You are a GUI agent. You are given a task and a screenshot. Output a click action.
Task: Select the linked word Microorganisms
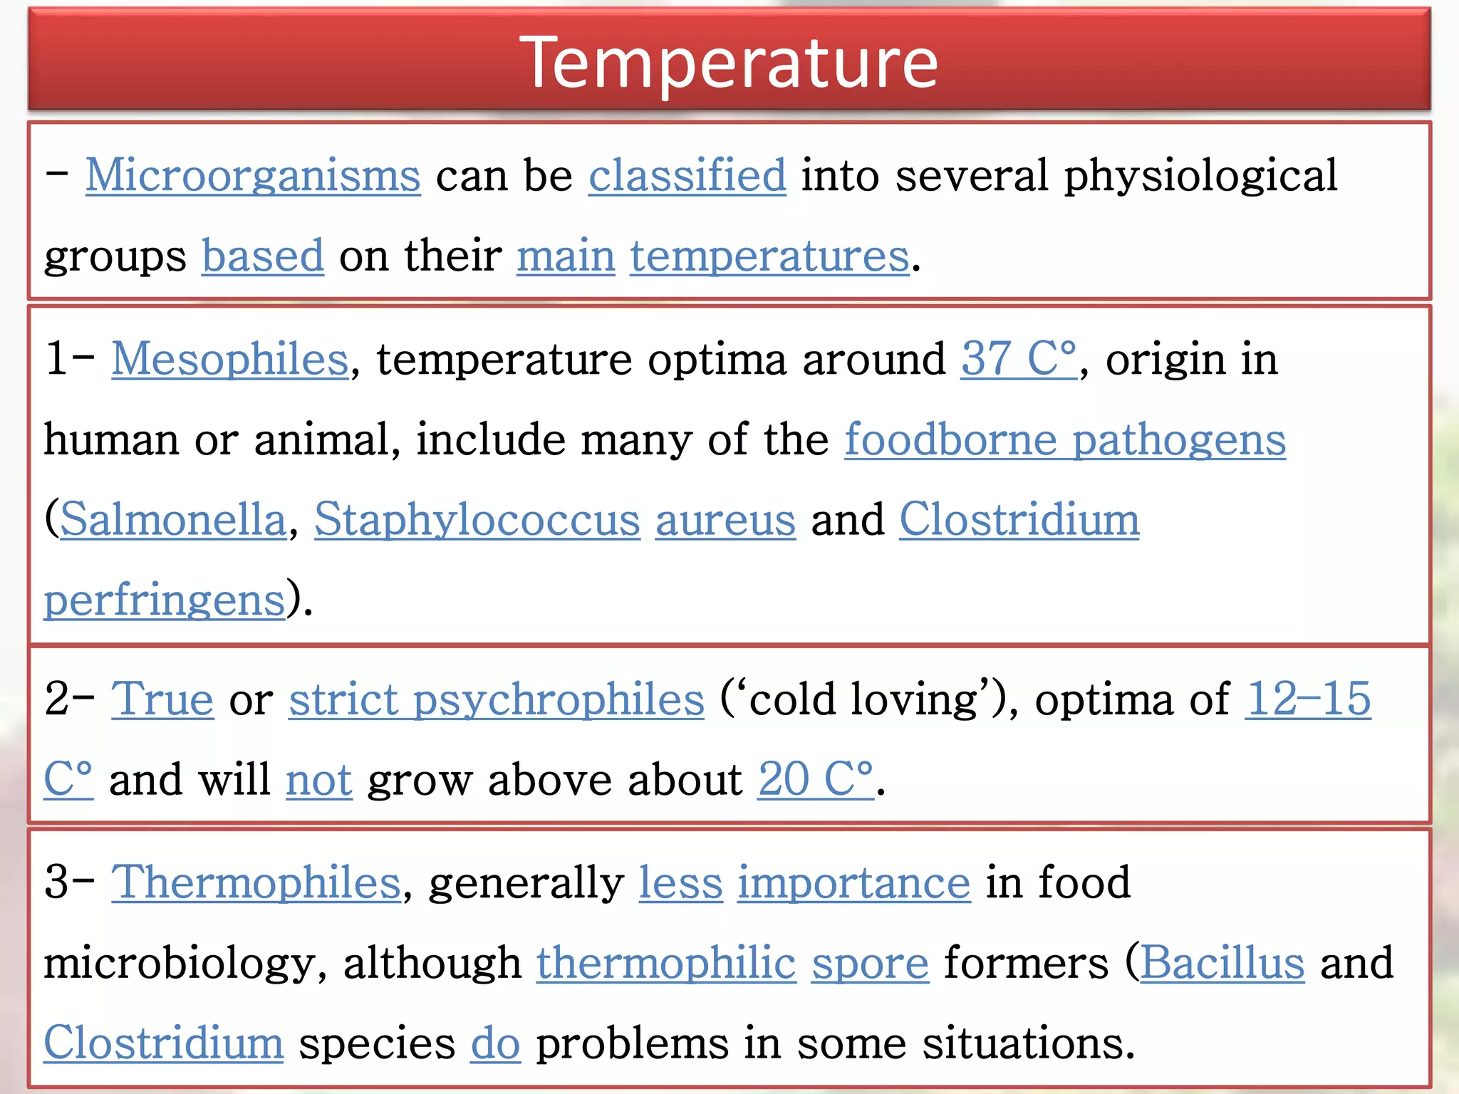(253, 175)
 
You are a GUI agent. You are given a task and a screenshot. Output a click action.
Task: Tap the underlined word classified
(687, 175)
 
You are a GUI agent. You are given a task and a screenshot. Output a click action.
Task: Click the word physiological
(1200, 175)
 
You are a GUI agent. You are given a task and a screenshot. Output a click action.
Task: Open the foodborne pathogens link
(1065, 439)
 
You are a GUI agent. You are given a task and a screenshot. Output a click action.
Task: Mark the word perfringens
(165, 599)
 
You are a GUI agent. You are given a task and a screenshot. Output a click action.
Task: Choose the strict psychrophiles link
(496, 699)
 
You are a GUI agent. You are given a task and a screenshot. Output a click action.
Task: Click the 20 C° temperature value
(815, 778)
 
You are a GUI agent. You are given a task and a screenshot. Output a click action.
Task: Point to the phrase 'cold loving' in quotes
(863, 699)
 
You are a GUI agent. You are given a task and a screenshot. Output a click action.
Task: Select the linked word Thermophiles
(256, 882)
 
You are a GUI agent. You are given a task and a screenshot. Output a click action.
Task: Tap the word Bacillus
(1222, 963)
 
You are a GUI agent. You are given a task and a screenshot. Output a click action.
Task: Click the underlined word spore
(870, 963)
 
